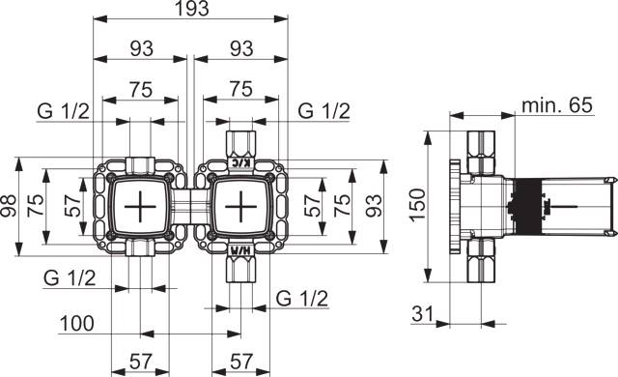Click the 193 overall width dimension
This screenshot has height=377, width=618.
[x=191, y=9]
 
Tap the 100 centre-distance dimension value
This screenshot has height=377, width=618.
[x=77, y=324]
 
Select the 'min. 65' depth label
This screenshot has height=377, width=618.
[x=557, y=105]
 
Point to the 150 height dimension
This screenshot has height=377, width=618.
[x=419, y=205]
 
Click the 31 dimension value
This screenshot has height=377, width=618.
[x=423, y=314]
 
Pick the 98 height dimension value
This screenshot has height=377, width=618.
[x=9, y=206]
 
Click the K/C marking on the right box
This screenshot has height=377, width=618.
[x=240, y=162]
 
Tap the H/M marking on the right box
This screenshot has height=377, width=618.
[x=240, y=249]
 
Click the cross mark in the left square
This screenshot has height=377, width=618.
[x=140, y=206]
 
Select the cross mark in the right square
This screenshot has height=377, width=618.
[x=240, y=206]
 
